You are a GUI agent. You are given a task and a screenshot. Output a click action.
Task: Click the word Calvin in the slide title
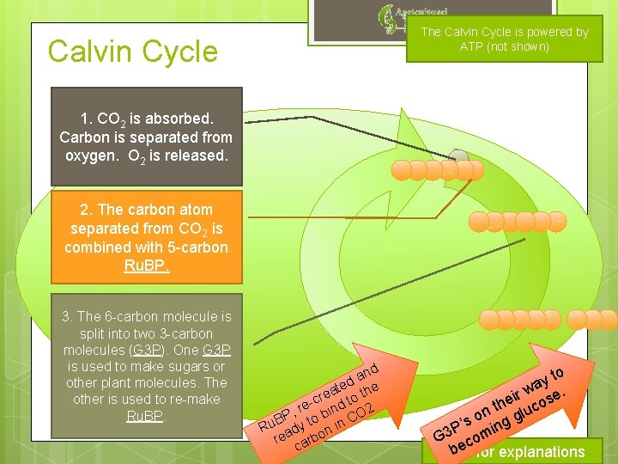coord(87,52)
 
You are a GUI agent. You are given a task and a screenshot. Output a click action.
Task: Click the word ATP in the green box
coord(472,46)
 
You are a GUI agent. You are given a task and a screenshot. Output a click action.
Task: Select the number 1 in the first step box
coord(84,118)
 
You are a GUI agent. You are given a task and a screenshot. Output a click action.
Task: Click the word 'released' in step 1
coord(195,156)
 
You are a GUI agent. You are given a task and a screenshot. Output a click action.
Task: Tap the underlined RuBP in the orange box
coord(146,266)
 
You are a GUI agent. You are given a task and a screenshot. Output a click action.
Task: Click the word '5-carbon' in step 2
coord(198,247)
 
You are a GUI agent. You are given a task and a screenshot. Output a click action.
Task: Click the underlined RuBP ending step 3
coord(146,416)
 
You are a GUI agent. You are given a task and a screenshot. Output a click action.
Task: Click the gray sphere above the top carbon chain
coord(459,157)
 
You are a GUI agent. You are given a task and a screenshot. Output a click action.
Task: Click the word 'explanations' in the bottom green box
coord(542,452)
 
